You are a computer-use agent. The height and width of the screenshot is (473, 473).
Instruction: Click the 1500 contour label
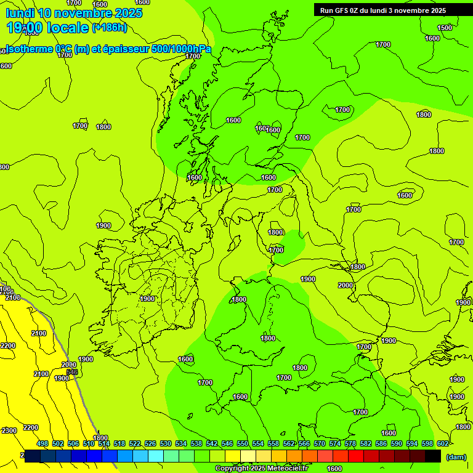pyautogui.click(x=444, y=28)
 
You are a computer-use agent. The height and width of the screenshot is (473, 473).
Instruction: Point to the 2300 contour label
pyautogui.click(x=9, y=431)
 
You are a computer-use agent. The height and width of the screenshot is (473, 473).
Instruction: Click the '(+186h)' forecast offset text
pyautogui.click(x=110, y=27)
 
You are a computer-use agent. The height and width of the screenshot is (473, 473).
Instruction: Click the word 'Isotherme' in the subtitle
pyautogui.click(x=28, y=49)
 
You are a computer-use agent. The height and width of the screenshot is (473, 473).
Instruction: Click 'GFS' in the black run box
pyautogui.click(x=344, y=10)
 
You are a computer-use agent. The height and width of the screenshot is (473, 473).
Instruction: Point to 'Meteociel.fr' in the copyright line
pyautogui.click(x=288, y=469)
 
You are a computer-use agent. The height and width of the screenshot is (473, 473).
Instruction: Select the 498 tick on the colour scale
pyautogui.click(x=42, y=443)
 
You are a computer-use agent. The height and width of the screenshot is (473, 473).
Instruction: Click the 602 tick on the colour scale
pyautogui.click(x=442, y=443)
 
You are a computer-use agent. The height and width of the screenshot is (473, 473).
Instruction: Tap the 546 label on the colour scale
pyautogui.click(x=227, y=443)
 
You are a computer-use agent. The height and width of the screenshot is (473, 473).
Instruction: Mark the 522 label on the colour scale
pyautogui.click(x=135, y=443)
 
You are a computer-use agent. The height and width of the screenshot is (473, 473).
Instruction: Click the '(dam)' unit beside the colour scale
pyautogui.click(x=456, y=456)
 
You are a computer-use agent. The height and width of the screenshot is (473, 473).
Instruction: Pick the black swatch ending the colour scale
pyautogui.click(x=433, y=456)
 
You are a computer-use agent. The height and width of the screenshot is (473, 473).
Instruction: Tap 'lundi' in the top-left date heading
pyautogui.click(x=19, y=13)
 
